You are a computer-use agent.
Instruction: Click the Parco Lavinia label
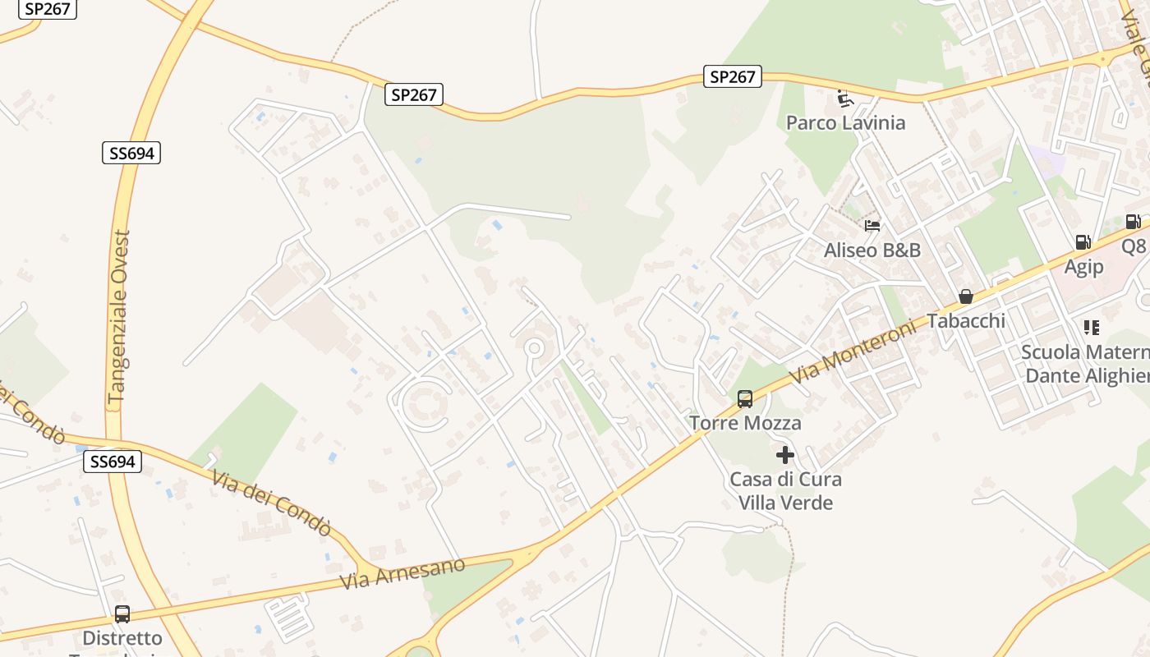(x=845, y=123)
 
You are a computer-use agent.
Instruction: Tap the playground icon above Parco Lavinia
(x=844, y=99)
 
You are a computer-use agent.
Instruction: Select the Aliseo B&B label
(x=872, y=250)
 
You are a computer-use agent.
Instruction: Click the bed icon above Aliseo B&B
(x=872, y=226)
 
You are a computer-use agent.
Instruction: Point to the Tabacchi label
(x=966, y=320)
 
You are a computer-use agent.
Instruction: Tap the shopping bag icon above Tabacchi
(x=966, y=296)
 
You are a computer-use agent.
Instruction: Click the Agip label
(x=1083, y=267)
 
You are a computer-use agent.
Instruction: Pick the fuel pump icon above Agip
(x=1083, y=242)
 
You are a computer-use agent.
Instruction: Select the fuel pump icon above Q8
(x=1132, y=222)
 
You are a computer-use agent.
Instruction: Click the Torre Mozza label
(x=746, y=423)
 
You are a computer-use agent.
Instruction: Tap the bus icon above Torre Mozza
(x=745, y=399)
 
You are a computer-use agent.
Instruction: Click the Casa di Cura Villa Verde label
(x=786, y=490)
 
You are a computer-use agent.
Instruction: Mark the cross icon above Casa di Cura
(x=785, y=454)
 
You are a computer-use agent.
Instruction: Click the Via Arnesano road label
(x=402, y=572)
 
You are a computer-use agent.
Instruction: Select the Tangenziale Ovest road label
(x=120, y=317)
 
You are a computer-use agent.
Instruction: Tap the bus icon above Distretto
(x=122, y=613)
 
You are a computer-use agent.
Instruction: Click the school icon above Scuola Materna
(x=1091, y=328)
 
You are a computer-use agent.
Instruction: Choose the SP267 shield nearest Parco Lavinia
(x=733, y=77)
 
